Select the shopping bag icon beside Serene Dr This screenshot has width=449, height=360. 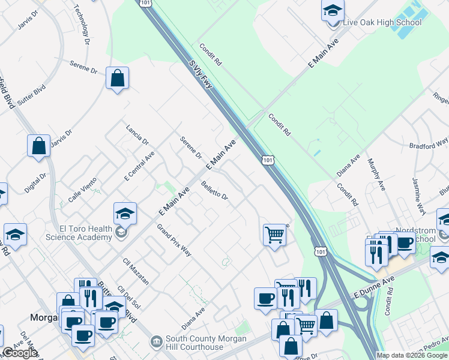tap(117, 78)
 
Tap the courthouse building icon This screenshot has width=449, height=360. tap(157, 342)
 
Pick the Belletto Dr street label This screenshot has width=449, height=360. tap(214, 191)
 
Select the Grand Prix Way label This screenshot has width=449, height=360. tap(174, 240)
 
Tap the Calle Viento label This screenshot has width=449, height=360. tap(82, 193)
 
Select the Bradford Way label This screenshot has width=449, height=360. tap(429, 144)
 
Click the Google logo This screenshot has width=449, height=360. tap(19, 353)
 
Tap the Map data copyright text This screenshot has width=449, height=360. tap(412, 355)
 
